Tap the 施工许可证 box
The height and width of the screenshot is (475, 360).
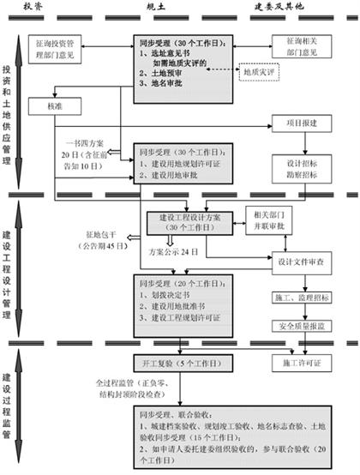(299, 363)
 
